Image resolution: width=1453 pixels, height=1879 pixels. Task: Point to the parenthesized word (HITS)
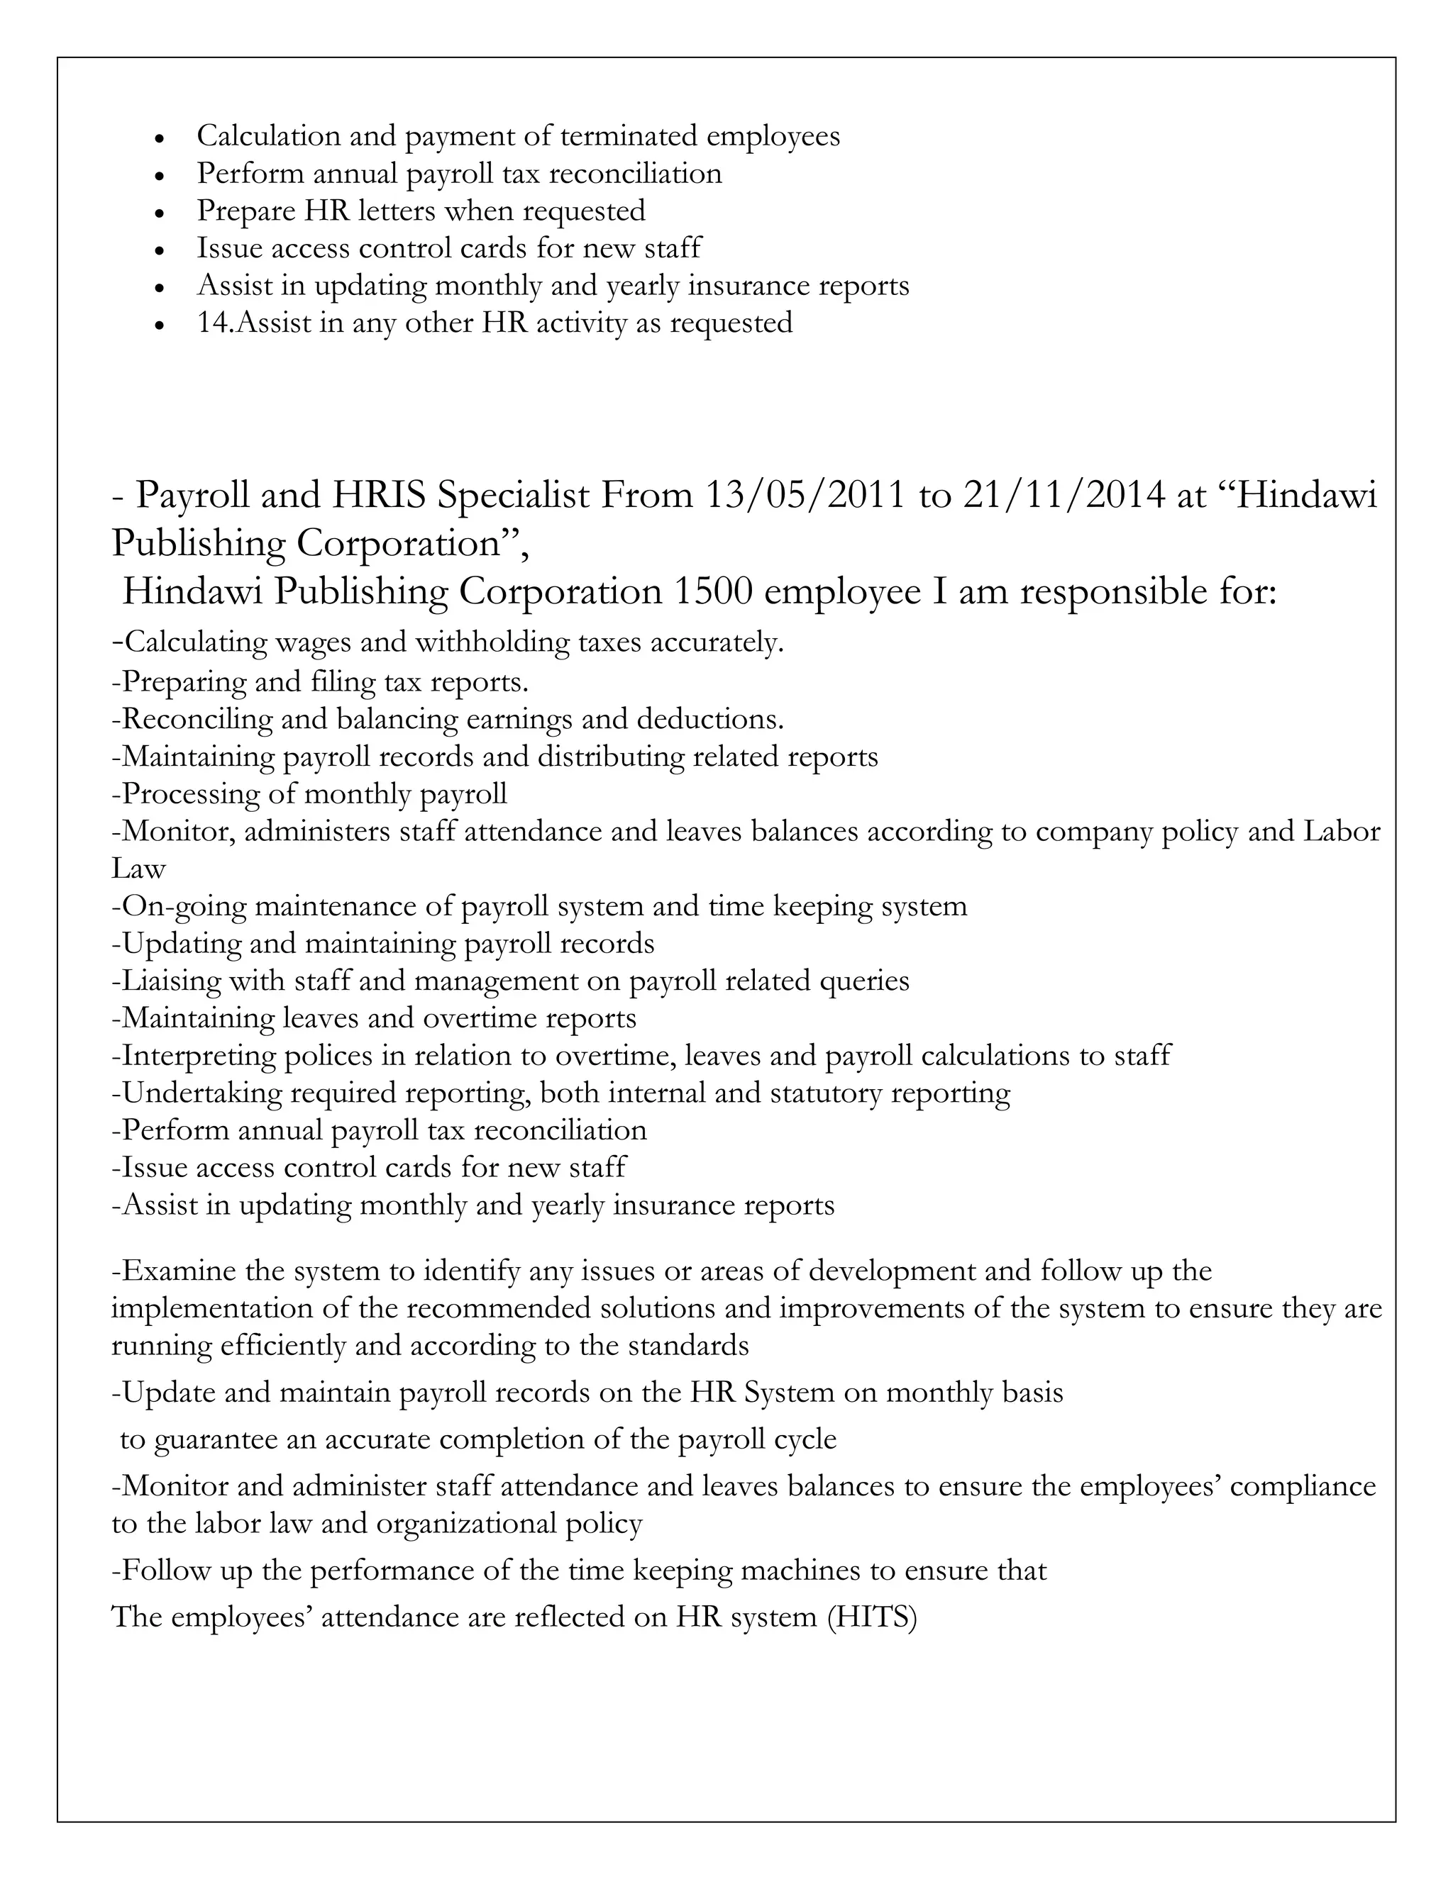click(872, 1617)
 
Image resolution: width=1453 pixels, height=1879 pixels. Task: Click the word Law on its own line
click(138, 869)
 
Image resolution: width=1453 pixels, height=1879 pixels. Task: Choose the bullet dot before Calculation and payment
click(158, 138)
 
